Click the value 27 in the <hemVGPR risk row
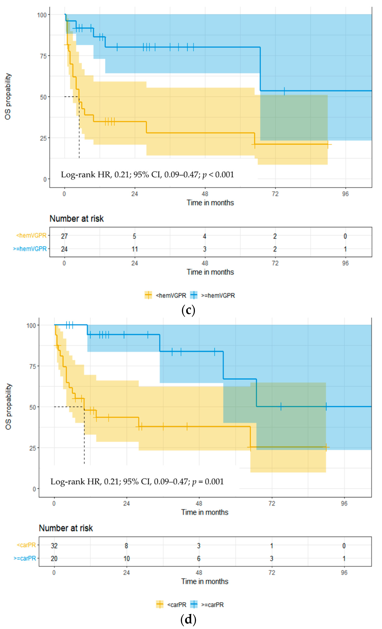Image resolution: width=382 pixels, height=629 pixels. pyautogui.click(x=64, y=236)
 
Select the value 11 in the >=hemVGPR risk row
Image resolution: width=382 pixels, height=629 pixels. pyautogui.click(x=135, y=249)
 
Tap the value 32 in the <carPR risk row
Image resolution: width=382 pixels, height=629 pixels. pyautogui.click(x=54, y=546)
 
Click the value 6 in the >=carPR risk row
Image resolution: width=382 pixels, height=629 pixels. pyautogui.click(x=199, y=559)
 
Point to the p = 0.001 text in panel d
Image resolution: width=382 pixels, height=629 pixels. pyautogui.click(x=208, y=482)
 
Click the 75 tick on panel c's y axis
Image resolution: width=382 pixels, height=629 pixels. pyautogui.click(x=43, y=56)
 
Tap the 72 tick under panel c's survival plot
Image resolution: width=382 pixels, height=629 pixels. pyautogui.click(x=275, y=194)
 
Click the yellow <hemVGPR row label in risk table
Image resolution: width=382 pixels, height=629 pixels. pyautogui.click(x=31, y=235)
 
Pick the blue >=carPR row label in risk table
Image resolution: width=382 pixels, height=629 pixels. pyautogui.click(x=25, y=558)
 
